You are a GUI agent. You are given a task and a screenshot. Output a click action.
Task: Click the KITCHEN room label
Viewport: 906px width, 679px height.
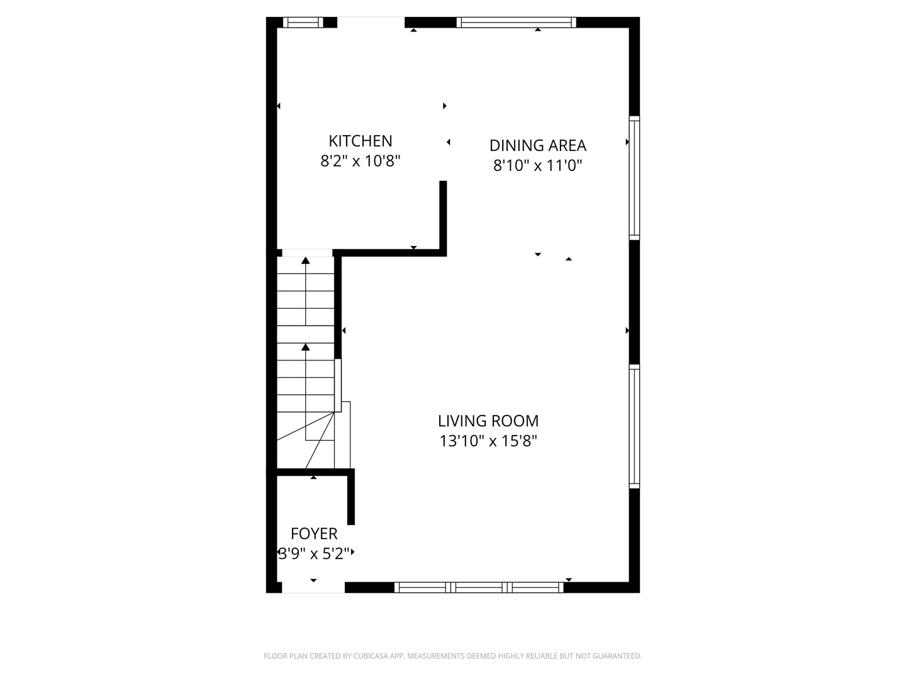tap(361, 141)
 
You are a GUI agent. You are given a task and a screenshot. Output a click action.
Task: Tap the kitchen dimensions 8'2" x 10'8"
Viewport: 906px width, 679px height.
tap(361, 161)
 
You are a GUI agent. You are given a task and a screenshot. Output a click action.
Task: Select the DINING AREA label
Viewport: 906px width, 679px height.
tap(538, 145)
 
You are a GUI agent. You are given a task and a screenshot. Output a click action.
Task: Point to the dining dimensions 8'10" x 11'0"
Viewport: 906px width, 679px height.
tap(538, 165)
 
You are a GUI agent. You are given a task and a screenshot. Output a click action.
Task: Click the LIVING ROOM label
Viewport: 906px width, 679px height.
tap(488, 421)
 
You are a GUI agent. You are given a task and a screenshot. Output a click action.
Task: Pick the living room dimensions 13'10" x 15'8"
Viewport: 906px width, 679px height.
tap(488, 441)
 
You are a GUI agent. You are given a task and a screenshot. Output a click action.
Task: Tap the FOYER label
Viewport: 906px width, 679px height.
tap(314, 534)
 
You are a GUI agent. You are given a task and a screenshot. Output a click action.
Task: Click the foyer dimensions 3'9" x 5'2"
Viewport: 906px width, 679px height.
tap(314, 554)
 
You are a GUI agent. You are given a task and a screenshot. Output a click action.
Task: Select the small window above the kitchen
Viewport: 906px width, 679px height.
tap(303, 23)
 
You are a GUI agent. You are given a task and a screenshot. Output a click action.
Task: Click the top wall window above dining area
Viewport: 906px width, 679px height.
tap(516, 23)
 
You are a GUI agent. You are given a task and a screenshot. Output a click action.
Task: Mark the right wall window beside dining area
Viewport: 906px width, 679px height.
tap(634, 178)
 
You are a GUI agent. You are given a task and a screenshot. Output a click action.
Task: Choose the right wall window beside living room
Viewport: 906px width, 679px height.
tap(634, 426)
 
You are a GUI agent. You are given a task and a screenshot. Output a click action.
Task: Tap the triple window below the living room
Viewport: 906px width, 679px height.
tap(479, 587)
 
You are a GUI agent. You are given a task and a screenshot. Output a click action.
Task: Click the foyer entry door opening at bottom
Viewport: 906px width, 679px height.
tap(313, 587)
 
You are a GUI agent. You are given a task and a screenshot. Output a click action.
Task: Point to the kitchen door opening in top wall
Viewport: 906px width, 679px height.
tap(371, 23)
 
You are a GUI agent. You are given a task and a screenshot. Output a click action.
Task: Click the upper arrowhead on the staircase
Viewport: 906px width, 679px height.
tap(306, 260)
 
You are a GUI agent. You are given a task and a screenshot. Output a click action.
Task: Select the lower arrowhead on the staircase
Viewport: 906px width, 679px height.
tap(306, 347)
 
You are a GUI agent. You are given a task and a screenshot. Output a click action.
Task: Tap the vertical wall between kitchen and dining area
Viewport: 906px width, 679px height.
tap(443, 217)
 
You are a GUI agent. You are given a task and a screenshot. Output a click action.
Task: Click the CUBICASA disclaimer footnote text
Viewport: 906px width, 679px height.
tap(452, 656)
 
